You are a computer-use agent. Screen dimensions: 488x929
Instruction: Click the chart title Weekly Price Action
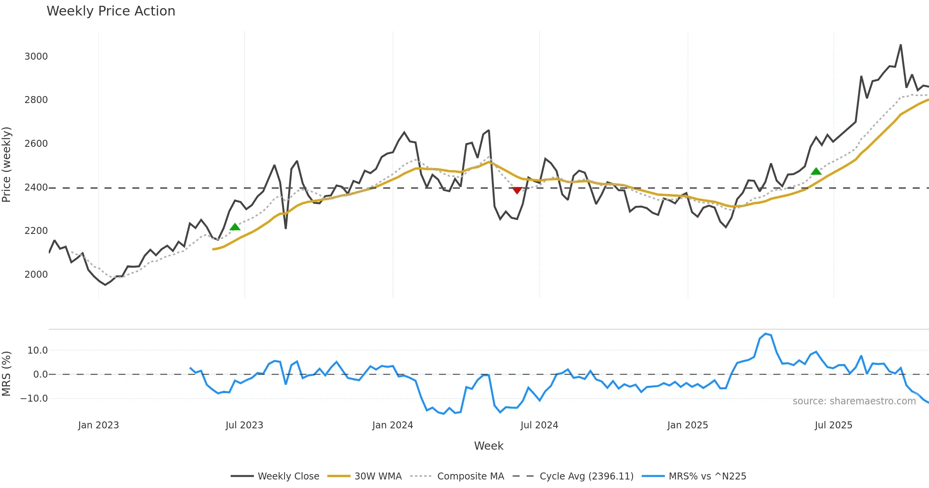[111, 11]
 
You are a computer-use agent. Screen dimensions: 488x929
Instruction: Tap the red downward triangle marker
[517, 190]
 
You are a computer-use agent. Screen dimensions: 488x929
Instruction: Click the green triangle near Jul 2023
[235, 227]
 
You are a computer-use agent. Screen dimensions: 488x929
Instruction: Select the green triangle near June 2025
[816, 171]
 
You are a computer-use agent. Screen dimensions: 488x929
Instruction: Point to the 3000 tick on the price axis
[36, 57]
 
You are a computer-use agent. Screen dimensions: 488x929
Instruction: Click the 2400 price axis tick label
[36, 187]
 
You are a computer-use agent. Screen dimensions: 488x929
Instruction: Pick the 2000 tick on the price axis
[36, 275]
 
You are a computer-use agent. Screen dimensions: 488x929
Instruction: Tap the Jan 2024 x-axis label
[393, 425]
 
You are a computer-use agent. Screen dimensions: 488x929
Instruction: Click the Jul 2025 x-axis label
[833, 425]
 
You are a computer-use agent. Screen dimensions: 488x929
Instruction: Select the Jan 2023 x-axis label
[98, 425]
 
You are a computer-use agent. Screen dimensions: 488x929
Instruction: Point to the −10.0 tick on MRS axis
[34, 399]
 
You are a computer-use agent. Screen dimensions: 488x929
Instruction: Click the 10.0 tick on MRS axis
[37, 351]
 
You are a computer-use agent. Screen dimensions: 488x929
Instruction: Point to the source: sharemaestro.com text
[854, 401]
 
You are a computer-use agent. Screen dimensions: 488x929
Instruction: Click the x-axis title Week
[488, 446]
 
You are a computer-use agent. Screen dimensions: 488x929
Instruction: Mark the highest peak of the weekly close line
[901, 45]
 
